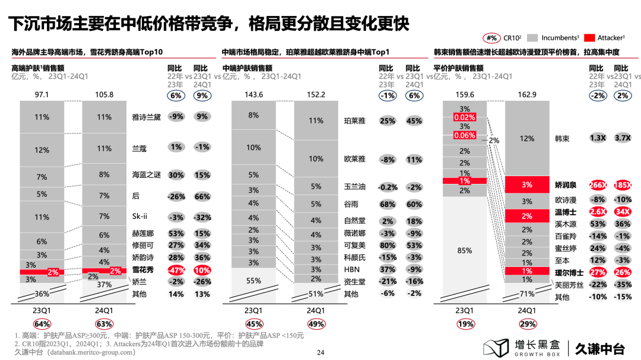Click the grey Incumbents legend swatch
click(531, 38)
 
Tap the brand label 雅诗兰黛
click(147, 117)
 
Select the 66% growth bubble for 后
click(202, 196)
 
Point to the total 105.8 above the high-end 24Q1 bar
click(104, 95)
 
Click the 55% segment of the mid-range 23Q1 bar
click(253, 281)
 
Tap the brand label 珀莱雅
click(354, 121)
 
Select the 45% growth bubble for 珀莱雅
click(414, 121)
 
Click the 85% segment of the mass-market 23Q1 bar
click(465, 250)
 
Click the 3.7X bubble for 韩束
click(623, 138)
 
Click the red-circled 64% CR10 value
click(42, 324)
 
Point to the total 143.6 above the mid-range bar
click(253, 95)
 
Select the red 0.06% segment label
click(465, 135)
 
